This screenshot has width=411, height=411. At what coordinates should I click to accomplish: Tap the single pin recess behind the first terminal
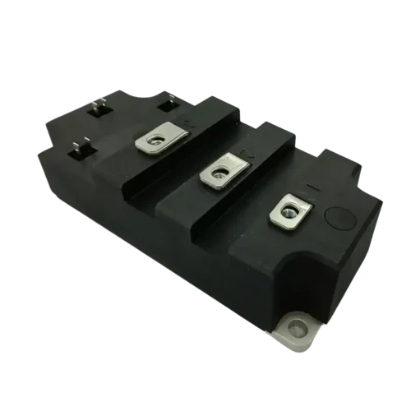click(170, 103)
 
